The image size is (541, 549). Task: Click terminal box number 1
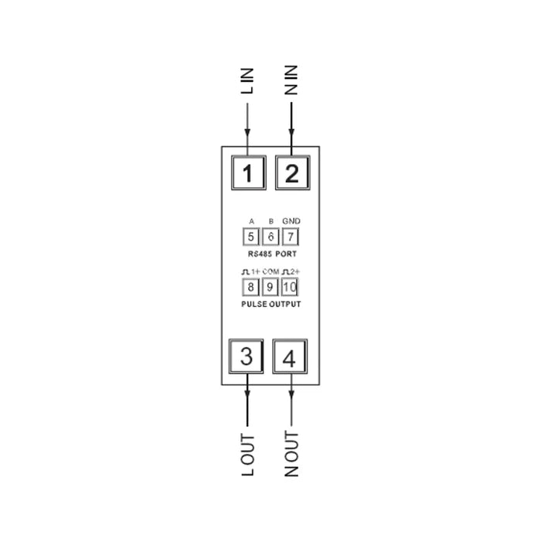tap(249, 172)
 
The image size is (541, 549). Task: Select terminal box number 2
tap(293, 172)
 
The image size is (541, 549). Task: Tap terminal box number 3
tap(246, 356)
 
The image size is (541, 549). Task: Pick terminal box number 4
tap(290, 356)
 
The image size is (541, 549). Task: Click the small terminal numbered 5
tap(251, 237)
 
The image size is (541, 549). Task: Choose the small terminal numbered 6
tap(270, 237)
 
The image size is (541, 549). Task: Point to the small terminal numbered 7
tap(290, 237)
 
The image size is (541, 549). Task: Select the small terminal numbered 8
tap(250, 287)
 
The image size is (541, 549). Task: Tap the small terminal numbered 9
tap(270, 287)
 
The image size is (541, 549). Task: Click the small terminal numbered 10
tap(290, 287)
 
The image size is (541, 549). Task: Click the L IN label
tap(247, 81)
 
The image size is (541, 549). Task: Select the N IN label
tap(291, 80)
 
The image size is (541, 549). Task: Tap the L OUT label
tap(248, 455)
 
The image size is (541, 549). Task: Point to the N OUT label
tap(291, 454)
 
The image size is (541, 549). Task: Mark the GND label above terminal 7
tap(291, 221)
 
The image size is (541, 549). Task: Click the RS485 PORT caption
tap(272, 254)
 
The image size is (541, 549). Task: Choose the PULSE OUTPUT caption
tap(270, 304)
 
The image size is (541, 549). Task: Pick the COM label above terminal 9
tap(270, 271)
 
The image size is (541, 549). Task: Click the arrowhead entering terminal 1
tap(247, 132)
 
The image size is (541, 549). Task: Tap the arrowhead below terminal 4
tap(291, 394)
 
